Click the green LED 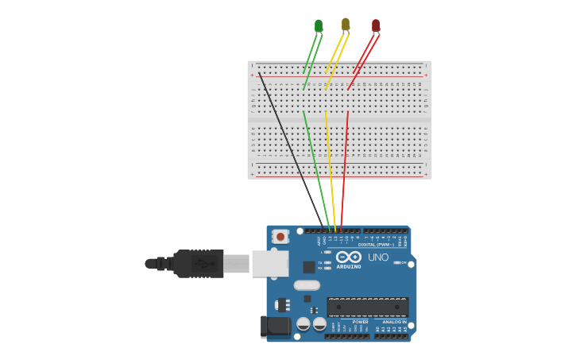[x=319, y=25]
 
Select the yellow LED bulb [x=346, y=25]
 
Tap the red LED [x=376, y=25]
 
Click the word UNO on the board [x=378, y=257]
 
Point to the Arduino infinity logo [x=348, y=257]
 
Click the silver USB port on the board [x=269, y=263]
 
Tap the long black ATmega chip [x=367, y=307]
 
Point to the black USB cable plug [x=199, y=263]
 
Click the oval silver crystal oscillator [x=306, y=285]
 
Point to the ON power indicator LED [x=404, y=263]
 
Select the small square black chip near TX [x=308, y=268]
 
